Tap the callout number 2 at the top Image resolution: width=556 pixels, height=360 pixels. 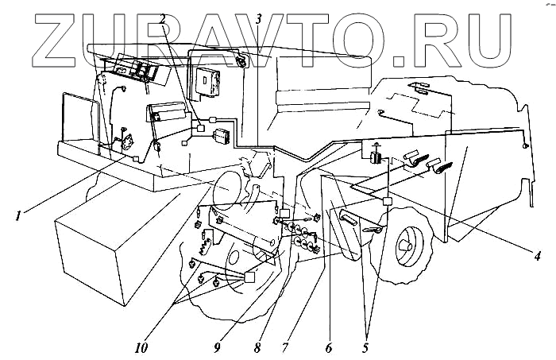coord(162,17)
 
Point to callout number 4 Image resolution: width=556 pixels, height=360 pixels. coord(537,256)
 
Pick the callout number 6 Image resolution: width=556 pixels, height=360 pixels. coord(326,346)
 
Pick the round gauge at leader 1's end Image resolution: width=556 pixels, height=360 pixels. coord(125,142)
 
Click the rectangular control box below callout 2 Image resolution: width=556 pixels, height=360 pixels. coord(210,80)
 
